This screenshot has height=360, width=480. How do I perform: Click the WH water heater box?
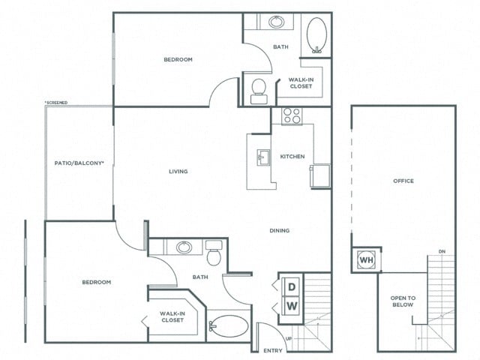pyautogui.click(x=367, y=259)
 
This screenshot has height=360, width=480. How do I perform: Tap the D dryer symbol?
pyautogui.click(x=291, y=287)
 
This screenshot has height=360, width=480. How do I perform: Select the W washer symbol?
pyautogui.click(x=291, y=306)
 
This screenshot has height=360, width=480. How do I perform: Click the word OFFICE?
pyautogui.click(x=403, y=181)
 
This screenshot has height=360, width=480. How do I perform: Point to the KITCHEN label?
pyautogui.click(x=292, y=157)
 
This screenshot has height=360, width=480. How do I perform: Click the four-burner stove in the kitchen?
pyautogui.click(x=292, y=116)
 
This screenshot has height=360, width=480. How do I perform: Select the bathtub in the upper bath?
pyautogui.click(x=316, y=34)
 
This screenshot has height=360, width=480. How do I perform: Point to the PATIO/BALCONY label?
pyautogui.click(x=79, y=162)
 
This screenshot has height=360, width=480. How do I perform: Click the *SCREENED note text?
pyautogui.click(x=58, y=103)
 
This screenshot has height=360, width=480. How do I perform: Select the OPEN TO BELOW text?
pyautogui.click(x=403, y=302)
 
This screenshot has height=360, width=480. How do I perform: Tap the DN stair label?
pyautogui.click(x=442, y=251)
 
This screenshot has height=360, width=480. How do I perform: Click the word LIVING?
pyautogui.click(x=178, y=171)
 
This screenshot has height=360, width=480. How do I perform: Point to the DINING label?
pyautogui.click(x=280, y=230)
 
